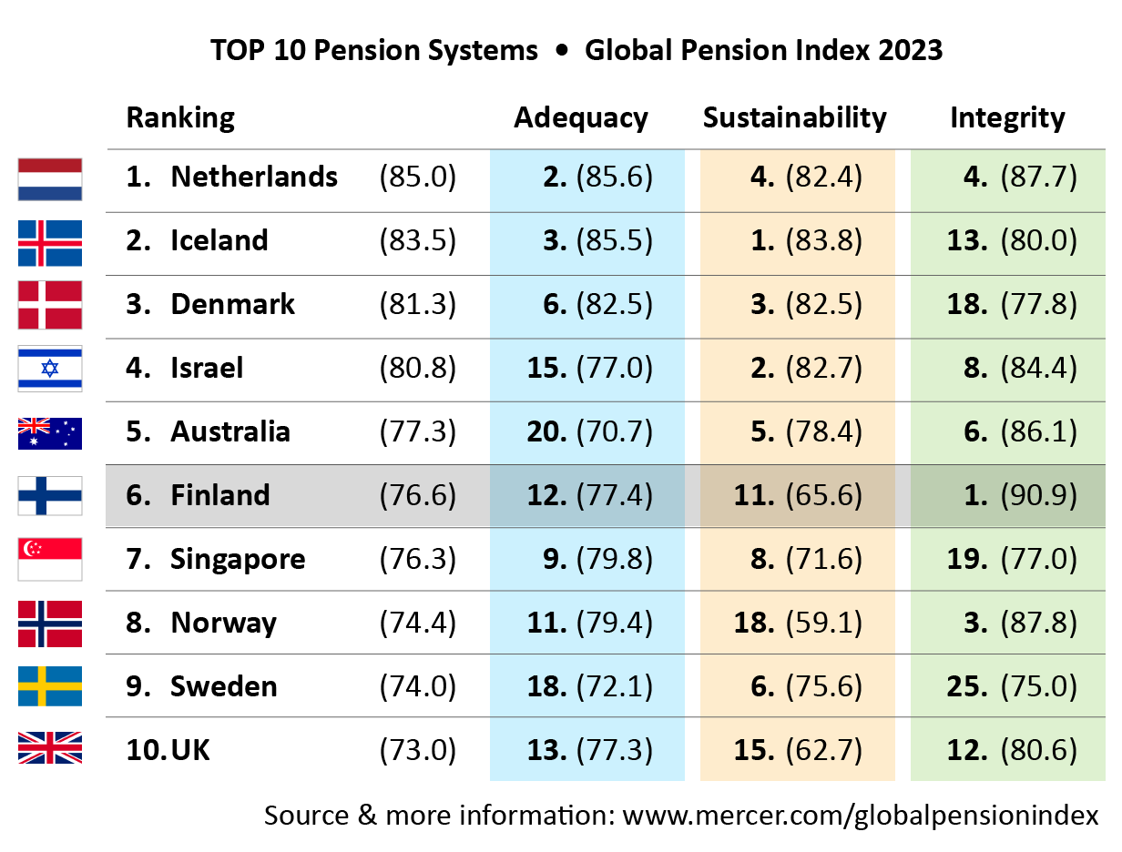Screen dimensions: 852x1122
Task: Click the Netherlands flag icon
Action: (x=50, y=178)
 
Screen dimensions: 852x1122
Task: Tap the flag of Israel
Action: (x=50, y=369)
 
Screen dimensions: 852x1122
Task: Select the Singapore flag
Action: (x=50, y=559)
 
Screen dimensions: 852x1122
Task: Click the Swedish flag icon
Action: (x=50, y=686)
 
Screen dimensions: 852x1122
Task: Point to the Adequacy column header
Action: (x=581, y=117)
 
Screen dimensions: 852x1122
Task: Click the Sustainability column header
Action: (x=794, y=117)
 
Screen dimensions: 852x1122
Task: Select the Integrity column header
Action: (x=1007, y=117)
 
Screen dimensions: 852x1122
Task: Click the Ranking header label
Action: (x=180, y=117)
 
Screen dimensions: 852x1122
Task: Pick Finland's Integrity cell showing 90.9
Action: (x=1020, y=495)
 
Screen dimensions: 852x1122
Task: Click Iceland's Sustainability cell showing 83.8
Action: (x=806, y=240)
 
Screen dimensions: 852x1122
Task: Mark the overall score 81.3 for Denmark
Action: (x=417, y=304)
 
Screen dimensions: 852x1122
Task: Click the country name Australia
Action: (x=230, y=431)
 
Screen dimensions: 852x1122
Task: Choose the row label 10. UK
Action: (x=168, y=750)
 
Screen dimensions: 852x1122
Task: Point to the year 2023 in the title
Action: (x=910, y=50)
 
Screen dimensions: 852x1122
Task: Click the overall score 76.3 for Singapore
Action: (x=417, y=559)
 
